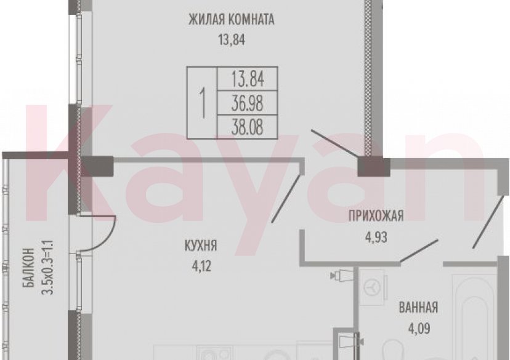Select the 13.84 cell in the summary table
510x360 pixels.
coord(247,79)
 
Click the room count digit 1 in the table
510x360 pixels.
coord(202,100)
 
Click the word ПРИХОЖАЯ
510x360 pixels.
coord(375,215)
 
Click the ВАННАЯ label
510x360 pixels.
coord(418,308)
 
